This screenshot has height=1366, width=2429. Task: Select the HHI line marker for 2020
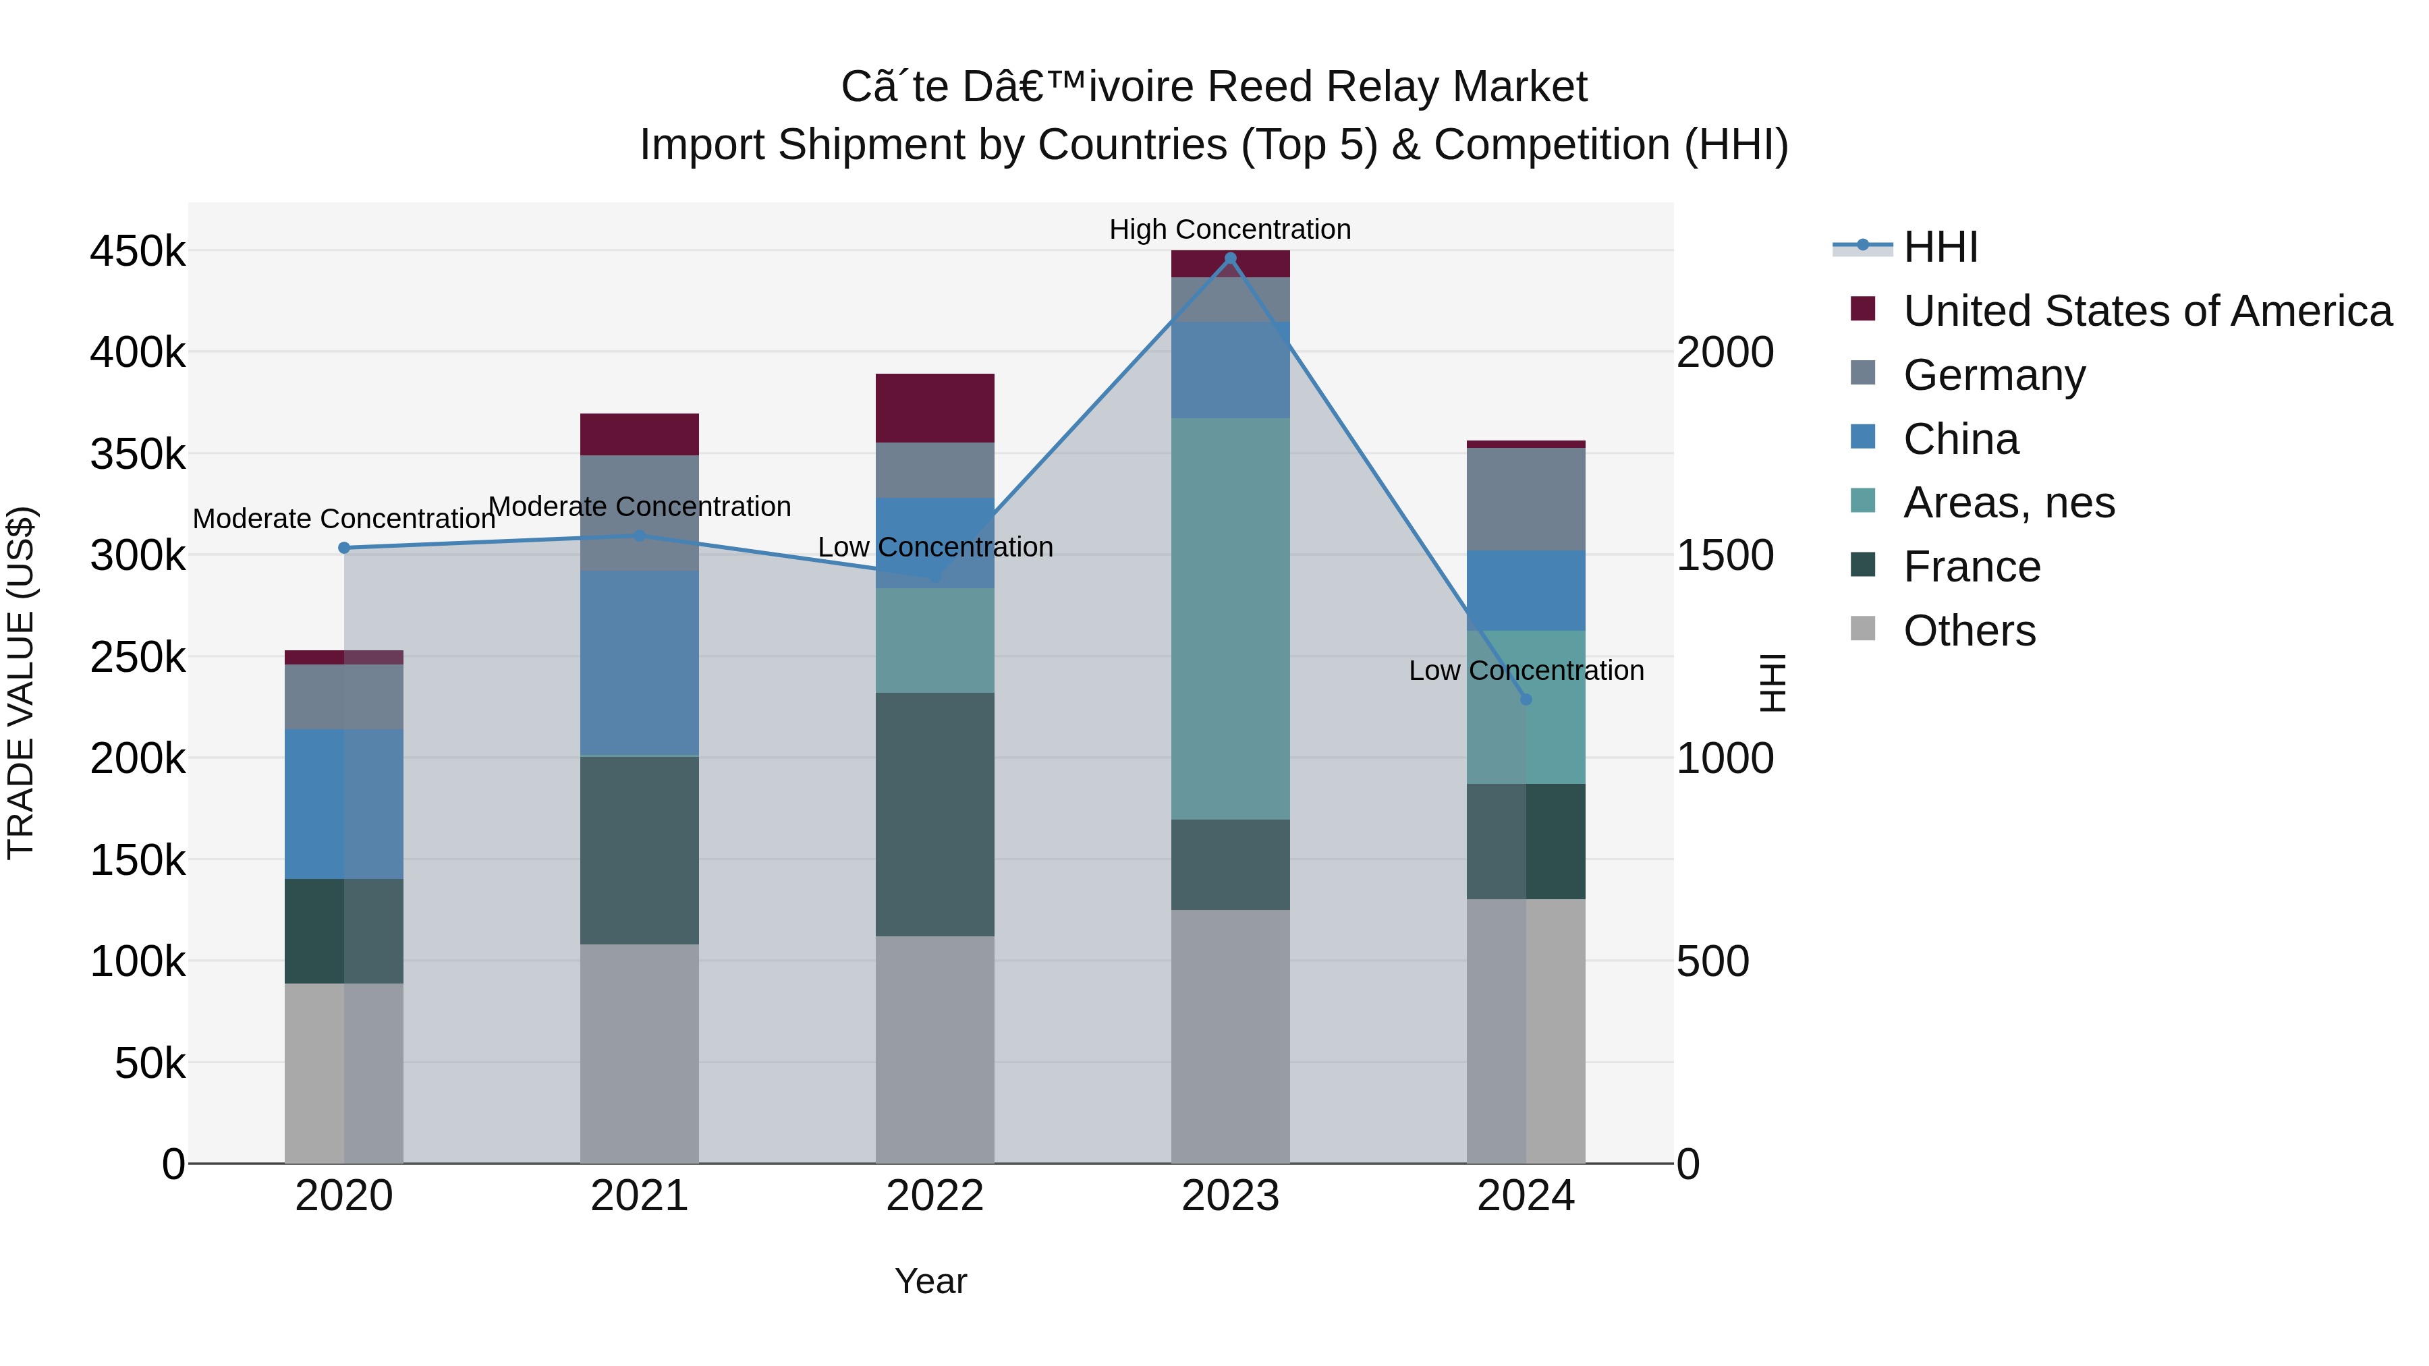(x=344, y=548)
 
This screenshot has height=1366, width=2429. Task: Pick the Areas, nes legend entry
(x=2009, y=503)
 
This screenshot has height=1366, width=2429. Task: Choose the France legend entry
(x=1971, y=567)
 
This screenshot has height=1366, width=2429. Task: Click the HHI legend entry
(x=1940, y=247)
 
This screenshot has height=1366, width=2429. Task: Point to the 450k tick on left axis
(x=138, y=252)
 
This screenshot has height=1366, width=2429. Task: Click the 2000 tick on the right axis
(x=1725, y=353)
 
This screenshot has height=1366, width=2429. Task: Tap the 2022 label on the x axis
(x=934, y=1196)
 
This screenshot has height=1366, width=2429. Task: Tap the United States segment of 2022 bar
(x=934, y=408)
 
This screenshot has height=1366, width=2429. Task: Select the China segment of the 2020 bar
(x=344, y=803)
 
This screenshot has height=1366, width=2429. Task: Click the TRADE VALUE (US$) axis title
(x=21, y=683)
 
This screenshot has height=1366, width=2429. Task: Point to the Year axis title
(x=930, y=1281)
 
